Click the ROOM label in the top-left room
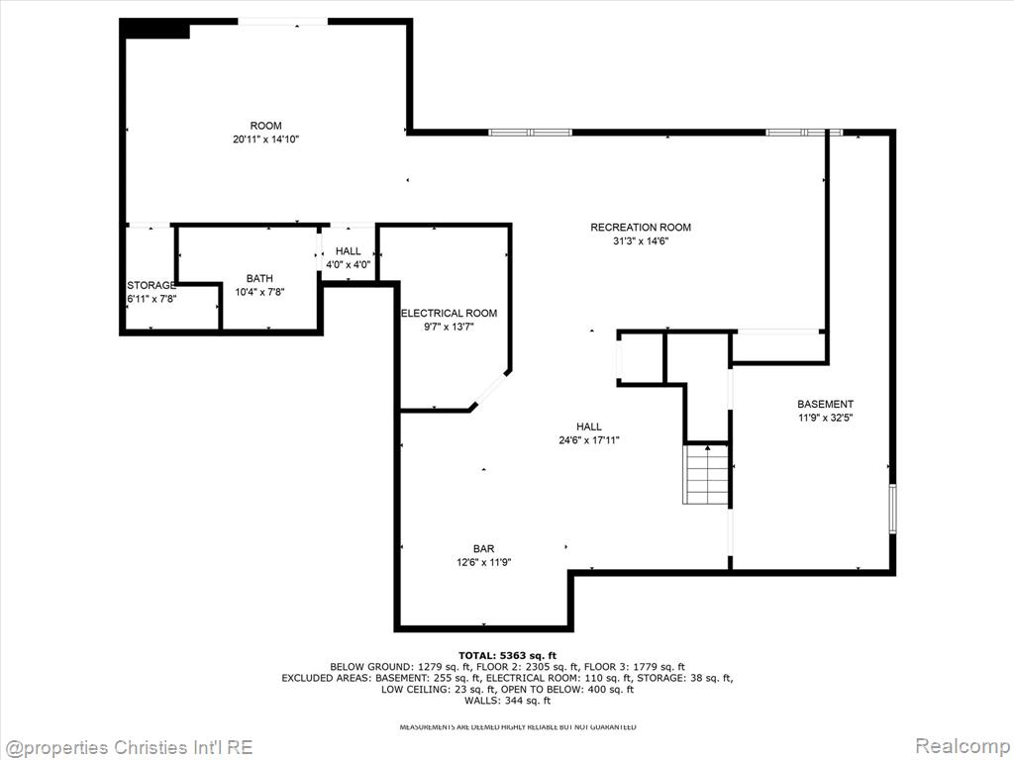(265, 126)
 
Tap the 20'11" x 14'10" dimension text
(265, 139)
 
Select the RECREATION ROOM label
(641, 228)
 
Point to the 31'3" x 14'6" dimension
(641, 241)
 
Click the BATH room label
(259, 278)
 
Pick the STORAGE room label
(152, 286)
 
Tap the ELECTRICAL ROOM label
(450, 314)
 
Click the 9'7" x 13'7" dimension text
(450, 327)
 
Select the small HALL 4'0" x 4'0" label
(348, 258)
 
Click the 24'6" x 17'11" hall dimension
(589, 440)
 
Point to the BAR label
(483, 548)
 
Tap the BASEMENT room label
(825, 404)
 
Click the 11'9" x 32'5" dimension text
(825, 418)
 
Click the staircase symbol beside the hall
(707, 474)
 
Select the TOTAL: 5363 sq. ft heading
(507, 655)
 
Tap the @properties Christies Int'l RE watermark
(128, 748)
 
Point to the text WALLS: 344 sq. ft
(507, 701)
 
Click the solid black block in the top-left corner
(155, 29)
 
